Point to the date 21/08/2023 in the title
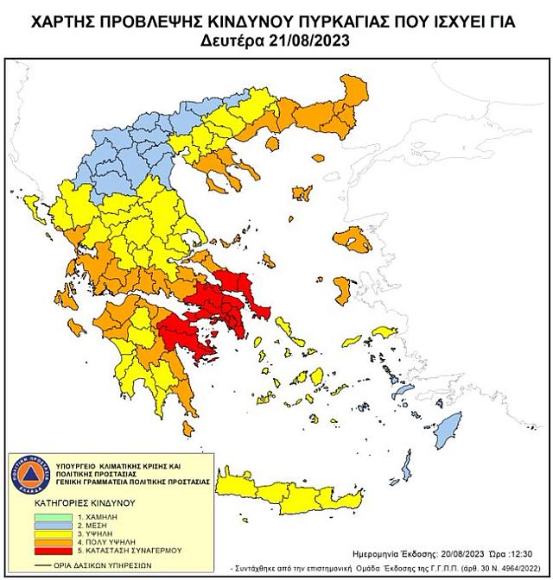click(x=313, y=40)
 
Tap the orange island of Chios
click(x=340, y=289)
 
